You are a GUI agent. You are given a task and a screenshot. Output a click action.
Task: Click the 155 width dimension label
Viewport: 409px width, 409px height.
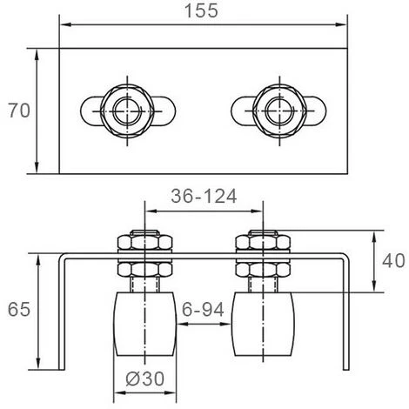(x=201, y=12)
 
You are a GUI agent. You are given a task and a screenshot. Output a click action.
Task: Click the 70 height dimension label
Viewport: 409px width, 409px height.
(x=17, y=111)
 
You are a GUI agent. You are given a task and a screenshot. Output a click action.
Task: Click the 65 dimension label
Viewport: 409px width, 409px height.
(x=17, y=308)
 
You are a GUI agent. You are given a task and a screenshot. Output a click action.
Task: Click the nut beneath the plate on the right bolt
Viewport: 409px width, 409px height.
(x=263, y=269)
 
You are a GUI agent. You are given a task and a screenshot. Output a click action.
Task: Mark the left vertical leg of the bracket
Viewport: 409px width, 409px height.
(x=62, y=313)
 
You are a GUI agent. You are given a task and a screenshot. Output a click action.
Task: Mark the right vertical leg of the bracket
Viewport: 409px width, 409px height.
(x=345, y=313)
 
